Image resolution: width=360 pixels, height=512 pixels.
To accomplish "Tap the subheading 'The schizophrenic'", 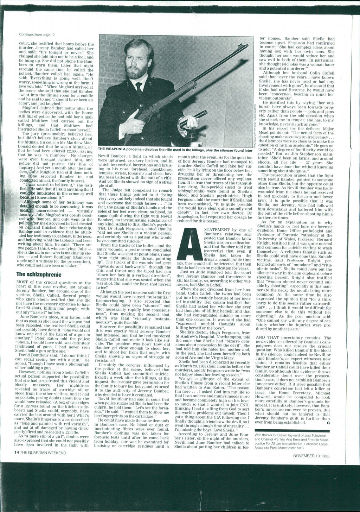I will tap(39, 274).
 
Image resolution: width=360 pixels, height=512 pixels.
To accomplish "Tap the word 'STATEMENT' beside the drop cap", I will tap(215, 230).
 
